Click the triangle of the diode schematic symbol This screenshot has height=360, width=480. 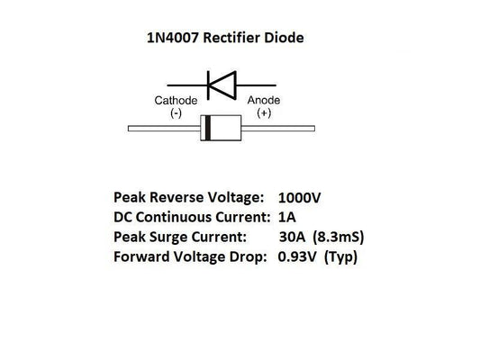point(226,83)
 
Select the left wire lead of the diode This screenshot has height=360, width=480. point(163,129)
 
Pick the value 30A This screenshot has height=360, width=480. point(295,238)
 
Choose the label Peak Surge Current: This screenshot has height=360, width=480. point(178,238)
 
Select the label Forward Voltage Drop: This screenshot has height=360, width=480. point(191,257)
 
